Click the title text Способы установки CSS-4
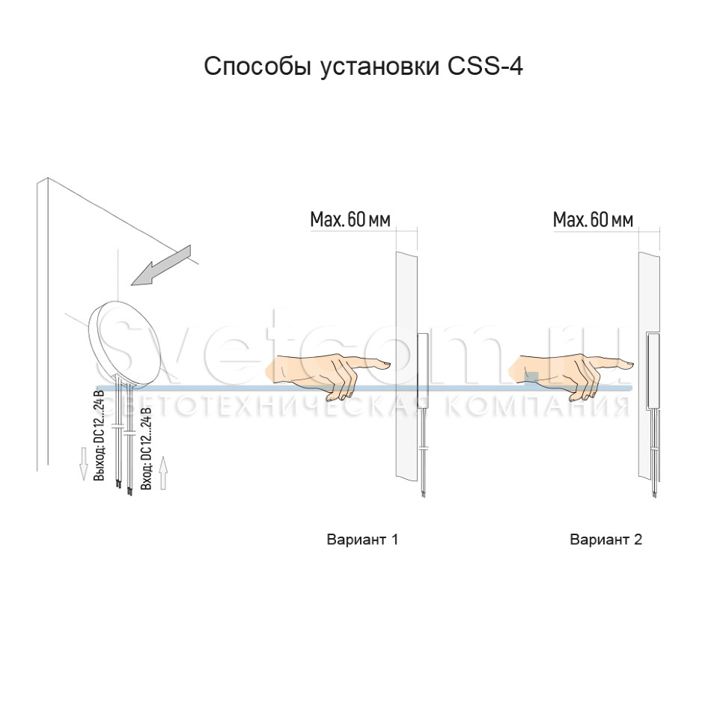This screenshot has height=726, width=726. [363, 67]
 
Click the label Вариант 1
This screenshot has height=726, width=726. [362, 540]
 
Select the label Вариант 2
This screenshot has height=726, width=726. [605, 540]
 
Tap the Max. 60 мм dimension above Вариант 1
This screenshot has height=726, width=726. [350, 220]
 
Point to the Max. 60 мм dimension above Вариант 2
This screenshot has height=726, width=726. [593, 220]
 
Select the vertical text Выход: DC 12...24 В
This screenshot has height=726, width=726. [100, 435]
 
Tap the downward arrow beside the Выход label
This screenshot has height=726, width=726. [83, 463]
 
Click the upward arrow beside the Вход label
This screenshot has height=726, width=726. [164, 473]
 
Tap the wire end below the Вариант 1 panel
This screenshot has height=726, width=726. [424, 492]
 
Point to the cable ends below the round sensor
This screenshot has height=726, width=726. [124, 487]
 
